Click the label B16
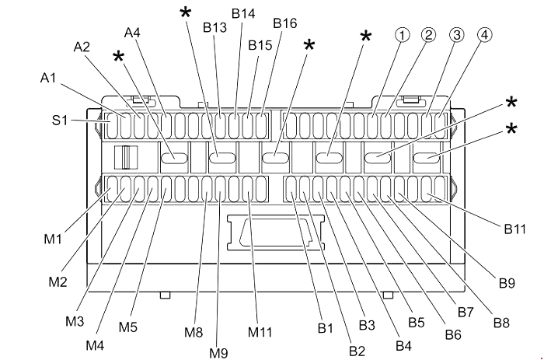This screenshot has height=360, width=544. click(x=284, y=23)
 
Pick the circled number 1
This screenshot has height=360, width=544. click(x=402, y=35)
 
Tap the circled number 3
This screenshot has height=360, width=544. click(x=456, y=35)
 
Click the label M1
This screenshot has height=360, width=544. click(x=53, y=239)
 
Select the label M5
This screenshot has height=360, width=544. click(x=128, y=327)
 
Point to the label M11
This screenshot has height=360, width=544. click(x=260, y=333)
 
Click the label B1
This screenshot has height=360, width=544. click(x=325, y=328)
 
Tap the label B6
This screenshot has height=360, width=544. click(x=453, y=334)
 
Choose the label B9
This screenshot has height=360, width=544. click(x=507, y=283)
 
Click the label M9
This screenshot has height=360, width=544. click(x=218, y=352)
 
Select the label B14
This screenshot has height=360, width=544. click(x=242, y=14)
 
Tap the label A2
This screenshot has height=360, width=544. click(x=82, y=47)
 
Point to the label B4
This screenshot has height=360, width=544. click(x=403, y=345)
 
